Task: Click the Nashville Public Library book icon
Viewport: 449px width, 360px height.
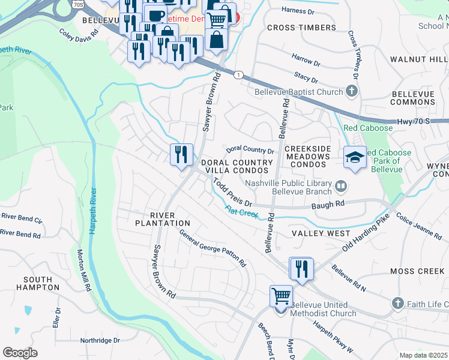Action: click(341, 187)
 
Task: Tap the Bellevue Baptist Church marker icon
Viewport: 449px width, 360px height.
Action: click(352, 92)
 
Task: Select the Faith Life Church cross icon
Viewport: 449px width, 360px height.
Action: click(397, 304)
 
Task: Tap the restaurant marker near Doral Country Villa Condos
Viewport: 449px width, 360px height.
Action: click(181, 155)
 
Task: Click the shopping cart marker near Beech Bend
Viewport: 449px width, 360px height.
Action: click(281, 296)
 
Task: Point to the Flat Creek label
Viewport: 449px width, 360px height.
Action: click(241, 212)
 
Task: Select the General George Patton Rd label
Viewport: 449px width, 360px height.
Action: click(213, 249)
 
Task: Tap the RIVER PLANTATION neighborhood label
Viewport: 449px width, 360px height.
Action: click(162, 219)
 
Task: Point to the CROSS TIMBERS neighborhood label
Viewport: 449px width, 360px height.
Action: click(301, 28)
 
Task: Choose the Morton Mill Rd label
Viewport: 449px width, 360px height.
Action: click(83, 271)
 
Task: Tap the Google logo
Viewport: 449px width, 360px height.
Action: click(20, 352)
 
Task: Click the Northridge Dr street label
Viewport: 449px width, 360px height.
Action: click(100, 340)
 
